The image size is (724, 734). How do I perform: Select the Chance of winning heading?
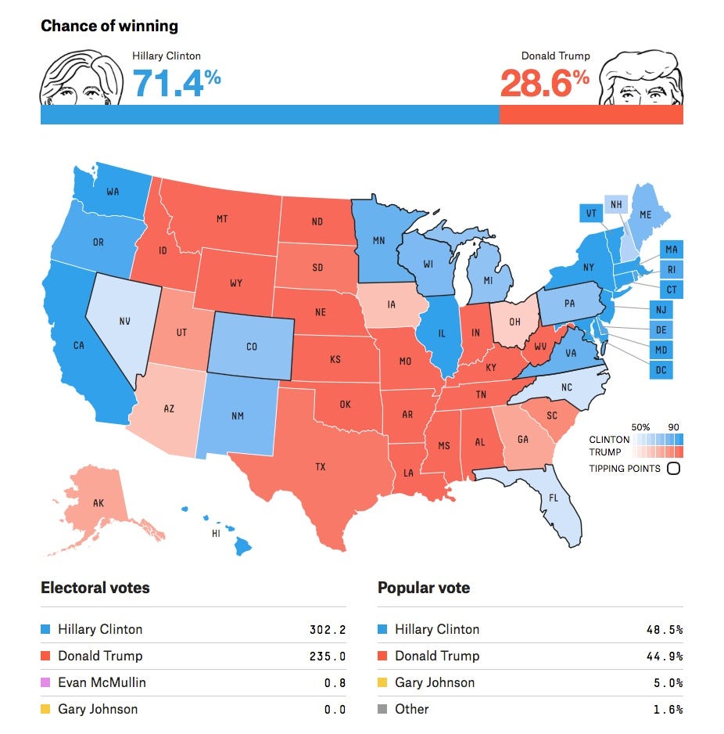[109, 26]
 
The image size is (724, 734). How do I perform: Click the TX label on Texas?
[320, 467]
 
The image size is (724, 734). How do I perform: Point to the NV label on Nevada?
[124, 321]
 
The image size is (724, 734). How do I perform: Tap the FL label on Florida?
[554, 498]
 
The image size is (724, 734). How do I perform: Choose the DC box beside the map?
[661, 369]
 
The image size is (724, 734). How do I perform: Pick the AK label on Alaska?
[98, 503]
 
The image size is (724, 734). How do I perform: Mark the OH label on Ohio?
[514, 321]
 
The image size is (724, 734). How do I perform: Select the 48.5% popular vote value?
[666, 630]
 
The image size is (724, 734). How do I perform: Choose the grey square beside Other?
[382, 709]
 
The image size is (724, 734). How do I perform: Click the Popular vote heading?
[424, 588]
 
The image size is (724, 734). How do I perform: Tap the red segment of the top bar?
[590, 114]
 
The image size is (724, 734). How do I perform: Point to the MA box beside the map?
[671, 250]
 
